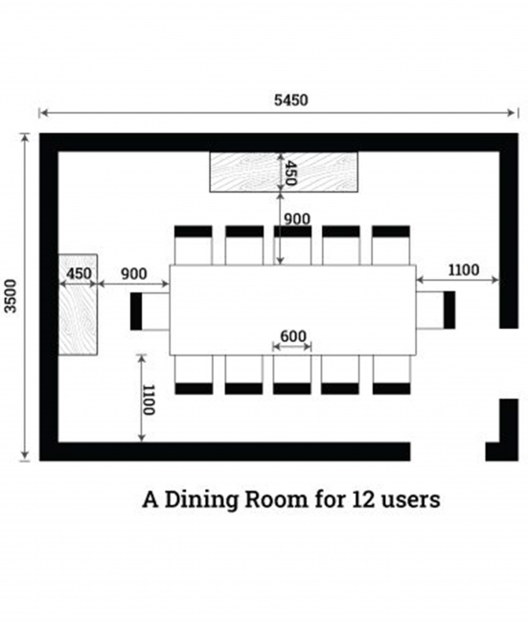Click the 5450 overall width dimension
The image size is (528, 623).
(x=290, y=100)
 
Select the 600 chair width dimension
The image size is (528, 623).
(x=293, y=336)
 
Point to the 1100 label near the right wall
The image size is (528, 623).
(x=463, y=270)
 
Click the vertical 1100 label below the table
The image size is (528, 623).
(x=149, y=400)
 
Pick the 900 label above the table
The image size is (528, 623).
(x=297, y=219)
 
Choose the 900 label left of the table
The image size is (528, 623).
(x=134, y=274)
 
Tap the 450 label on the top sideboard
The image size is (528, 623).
(x=291, y=173)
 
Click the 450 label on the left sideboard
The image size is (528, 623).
(x=79, y=274)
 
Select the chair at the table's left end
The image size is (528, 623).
(x=149, y=311)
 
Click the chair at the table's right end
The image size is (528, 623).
(x=435, y=310)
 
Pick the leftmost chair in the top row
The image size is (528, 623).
(x=193, y=245)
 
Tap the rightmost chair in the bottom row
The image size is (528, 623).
(x=391, y=375)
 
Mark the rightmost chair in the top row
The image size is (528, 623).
(x=391, y=245)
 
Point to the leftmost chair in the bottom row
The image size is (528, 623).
(x=194, y=375)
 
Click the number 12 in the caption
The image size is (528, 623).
(x=363, y=499)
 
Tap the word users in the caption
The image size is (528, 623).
(x=411, y=501)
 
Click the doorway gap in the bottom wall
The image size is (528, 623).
(x=448, y=451)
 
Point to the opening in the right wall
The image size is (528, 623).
(x=509, y=363)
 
